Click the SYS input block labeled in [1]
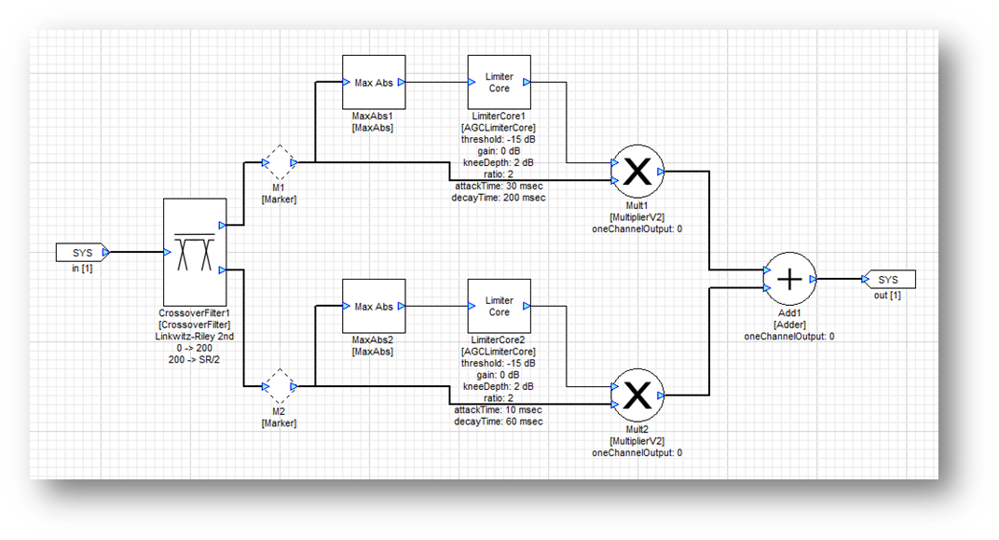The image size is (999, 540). click(x=82, y=253)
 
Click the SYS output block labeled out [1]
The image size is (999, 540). click(x=889, y=279)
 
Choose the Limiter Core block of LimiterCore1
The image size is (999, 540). click(x=499, y=82)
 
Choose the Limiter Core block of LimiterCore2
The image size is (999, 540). click(x=499, y=307)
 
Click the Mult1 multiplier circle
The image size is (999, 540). click(x=637, y=171)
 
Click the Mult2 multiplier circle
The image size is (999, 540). click(x=637, y=395)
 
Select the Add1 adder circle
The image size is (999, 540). click(x=789, y=279)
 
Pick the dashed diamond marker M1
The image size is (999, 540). click(x=279, y=163)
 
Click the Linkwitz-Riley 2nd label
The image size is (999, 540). click(x=195, y=334)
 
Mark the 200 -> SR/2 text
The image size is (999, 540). click(x=195, y=358)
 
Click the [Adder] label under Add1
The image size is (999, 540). click(x=789, y=324)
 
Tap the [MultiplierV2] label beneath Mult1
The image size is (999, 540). click(x=637, y=216)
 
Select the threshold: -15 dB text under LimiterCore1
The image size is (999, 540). click(x=499, y=139)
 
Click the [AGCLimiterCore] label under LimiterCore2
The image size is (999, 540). click(x=499, y=352)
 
